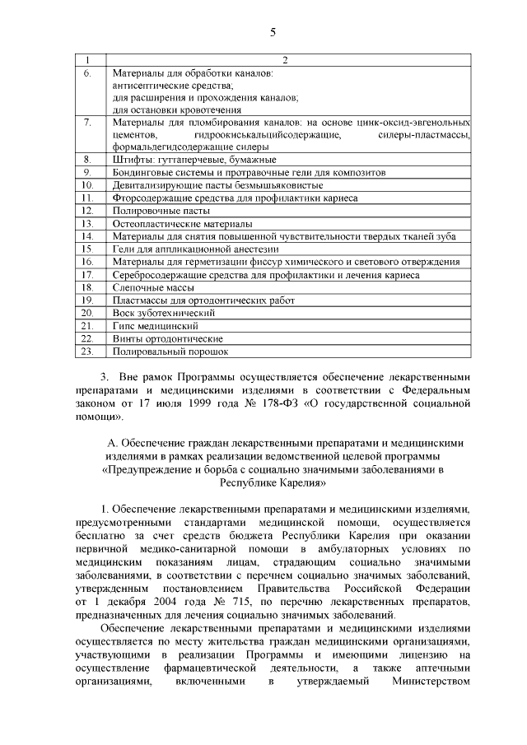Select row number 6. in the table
click(87, 73)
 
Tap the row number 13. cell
click(87, 223)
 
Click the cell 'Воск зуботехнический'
click(164, 313)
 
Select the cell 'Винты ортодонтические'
click(167, 338)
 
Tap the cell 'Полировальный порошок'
click(170, 352)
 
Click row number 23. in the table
click(87, 352)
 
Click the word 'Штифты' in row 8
click(132, 160)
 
